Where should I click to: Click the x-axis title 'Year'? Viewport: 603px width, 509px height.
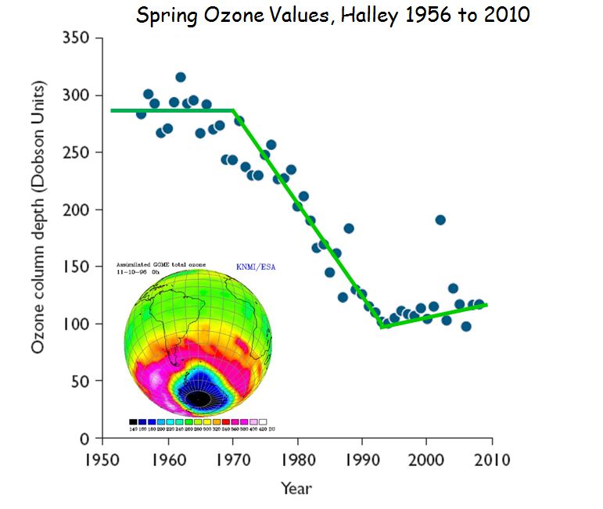296,489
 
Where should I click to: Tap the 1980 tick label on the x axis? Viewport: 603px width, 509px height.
297,459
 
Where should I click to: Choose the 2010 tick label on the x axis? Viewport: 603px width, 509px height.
490,459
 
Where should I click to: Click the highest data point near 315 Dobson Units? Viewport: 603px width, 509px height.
181,77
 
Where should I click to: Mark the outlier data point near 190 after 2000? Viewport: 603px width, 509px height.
440,220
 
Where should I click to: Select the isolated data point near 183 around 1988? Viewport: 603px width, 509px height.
349,228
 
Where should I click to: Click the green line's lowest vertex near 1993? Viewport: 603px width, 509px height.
382,327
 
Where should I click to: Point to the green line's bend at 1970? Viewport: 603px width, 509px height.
234,111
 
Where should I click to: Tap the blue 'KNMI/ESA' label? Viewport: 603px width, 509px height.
256,267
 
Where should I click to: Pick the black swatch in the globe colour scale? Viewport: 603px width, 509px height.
134,421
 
